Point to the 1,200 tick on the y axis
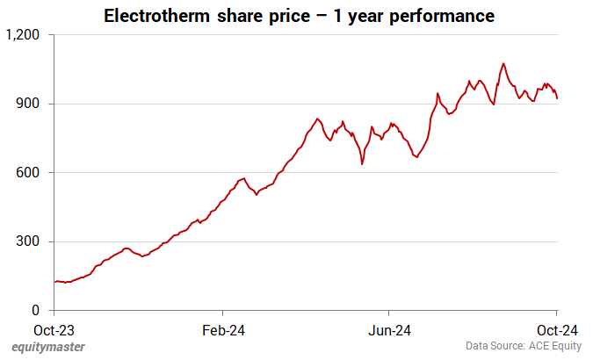tap(24, 35)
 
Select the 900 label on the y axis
tap(31, 104)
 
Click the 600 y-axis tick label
tap(31, 173)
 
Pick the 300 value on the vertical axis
tap(31, 241)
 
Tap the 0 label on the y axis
tap(36, 310)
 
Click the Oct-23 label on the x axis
tap(54, 330)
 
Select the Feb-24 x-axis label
tap(222, 330)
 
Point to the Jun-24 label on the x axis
tap(389, 330)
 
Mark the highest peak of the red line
tap(503, 63)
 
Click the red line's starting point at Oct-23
tap(54, 282)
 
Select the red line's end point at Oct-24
tap(557, 98)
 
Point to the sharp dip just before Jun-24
tap(362, 163)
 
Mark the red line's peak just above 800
tap(317, 119)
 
